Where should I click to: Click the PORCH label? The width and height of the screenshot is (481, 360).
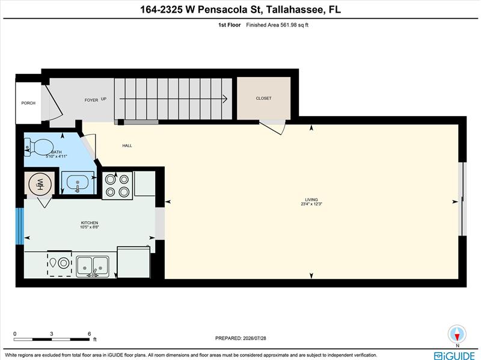(28, 103)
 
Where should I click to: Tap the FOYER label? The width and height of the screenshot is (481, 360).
(91, 100)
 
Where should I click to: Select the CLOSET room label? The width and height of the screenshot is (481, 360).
(263, 98)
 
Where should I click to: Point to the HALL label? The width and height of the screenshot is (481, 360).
(127, 145)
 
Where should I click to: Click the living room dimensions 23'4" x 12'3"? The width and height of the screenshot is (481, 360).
(311, 204)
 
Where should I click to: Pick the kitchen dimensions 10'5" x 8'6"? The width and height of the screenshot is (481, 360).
(89, 227)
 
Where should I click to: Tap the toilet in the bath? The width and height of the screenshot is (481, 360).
(39, 147)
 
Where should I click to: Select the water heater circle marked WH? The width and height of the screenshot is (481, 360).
(40, 184)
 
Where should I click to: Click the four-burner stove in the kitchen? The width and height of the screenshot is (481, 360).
(117, 186)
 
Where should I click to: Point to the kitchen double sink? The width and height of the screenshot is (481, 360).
(93, 266)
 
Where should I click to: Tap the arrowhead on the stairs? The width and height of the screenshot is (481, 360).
(225, 99)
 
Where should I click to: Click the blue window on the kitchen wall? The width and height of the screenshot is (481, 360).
(20, 227)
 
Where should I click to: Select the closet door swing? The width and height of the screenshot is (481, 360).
(272, 127)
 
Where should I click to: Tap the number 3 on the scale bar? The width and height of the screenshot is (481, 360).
(52, 334)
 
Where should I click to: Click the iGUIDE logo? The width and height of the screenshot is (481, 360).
(455, 356)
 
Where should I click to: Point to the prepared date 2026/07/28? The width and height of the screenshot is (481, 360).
(254, 338)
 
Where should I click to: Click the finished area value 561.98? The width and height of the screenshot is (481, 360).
(289, 25)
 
